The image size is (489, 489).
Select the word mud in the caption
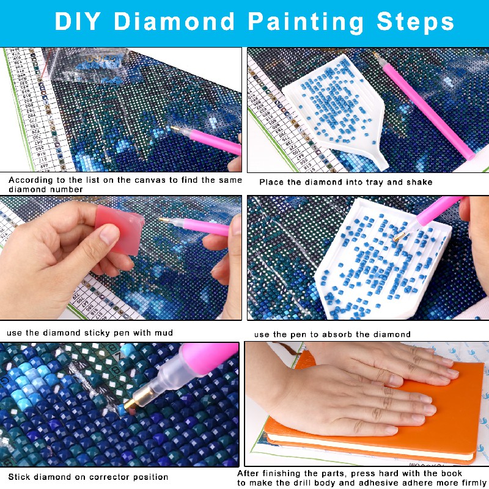pyautogui.click(x=163, y=333)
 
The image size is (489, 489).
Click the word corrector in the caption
pyautogui.click(x=109, y=477)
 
